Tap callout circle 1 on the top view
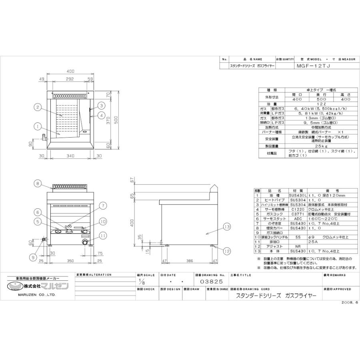pos(36,126)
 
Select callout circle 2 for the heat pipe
pos(36,107)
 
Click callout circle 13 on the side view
pos(227,227)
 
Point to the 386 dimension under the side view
pos(190,260)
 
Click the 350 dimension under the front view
pos(70,260)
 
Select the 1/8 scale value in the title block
pos(140,282)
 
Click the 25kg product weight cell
pos(321,146)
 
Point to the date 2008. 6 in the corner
pos(350,303)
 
